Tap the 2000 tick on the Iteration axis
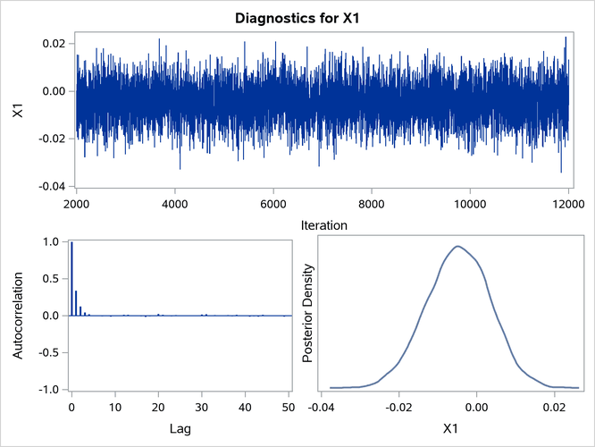tap(77, 204)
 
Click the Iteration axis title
tap(323, 225)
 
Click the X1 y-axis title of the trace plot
tap(17, 114)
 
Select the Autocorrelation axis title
tap(17, 316)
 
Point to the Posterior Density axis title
tap(308, 316)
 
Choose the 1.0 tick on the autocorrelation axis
tap(53, 241)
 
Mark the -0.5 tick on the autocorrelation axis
tap(50, 352)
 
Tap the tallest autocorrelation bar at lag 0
tap(71, 278)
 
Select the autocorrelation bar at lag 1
tap(76, 303)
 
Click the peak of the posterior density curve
tap(457, 247)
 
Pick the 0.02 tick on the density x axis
tap(556, 408)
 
